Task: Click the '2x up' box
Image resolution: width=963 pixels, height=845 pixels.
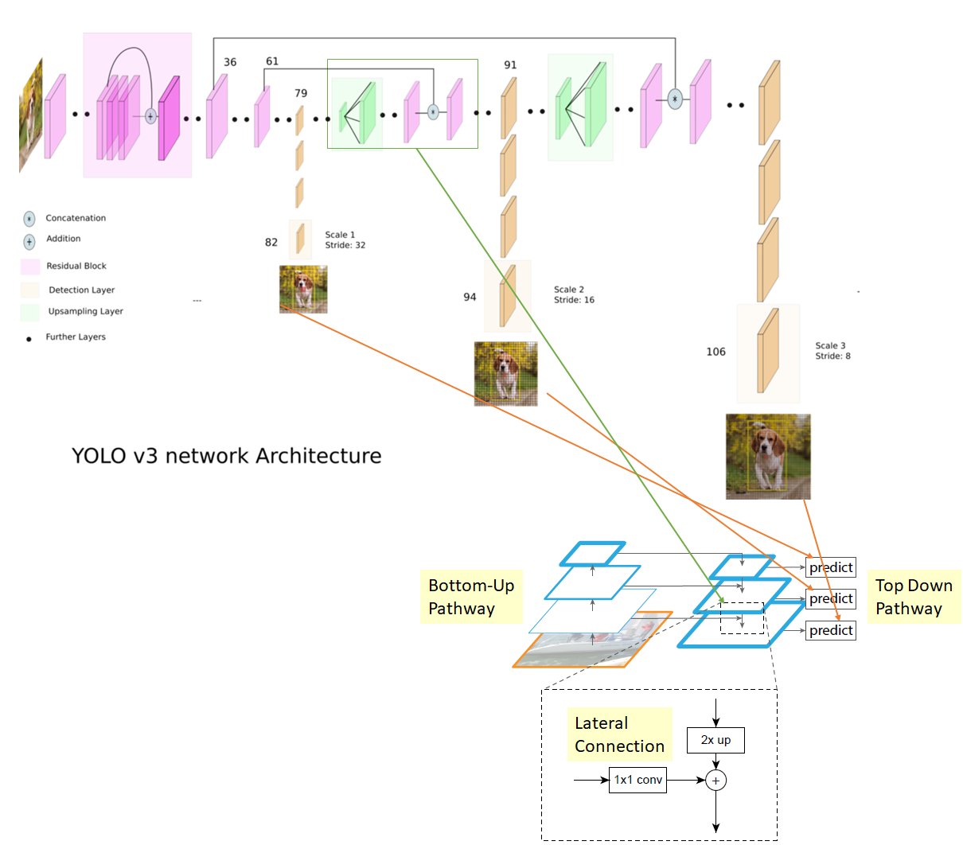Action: click(x=715, y=740)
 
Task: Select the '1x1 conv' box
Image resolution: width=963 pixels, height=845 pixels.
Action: click(x=637, y=780)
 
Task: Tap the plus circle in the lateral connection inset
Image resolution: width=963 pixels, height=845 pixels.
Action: click(x=716, y=781)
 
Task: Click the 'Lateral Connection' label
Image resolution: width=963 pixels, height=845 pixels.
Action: click(x=619, y=734)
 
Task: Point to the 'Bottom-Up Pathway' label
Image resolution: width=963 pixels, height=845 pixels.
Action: click(x=471, y=597)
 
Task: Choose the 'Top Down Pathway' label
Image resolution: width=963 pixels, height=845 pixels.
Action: click(x=914, y=597)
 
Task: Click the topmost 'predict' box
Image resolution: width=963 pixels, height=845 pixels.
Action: click(x=831, y=567)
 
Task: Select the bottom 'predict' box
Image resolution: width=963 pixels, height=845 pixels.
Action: click(x=831, y=630)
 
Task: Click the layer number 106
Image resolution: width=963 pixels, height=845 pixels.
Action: click(x=715, y=352)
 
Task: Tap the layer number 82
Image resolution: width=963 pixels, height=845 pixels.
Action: click(x=271, y=243)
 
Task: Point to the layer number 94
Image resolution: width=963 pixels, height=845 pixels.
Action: click(x=470, y=297)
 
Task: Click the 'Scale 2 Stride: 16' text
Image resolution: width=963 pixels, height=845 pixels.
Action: click(x=574, y=294)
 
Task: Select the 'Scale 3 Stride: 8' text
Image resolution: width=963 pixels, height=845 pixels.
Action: click(x=832, y=351)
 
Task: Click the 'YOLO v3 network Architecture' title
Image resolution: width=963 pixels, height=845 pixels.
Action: click(x=227, y=456)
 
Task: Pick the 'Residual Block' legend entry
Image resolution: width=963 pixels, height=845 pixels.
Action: click(x=76, y=266)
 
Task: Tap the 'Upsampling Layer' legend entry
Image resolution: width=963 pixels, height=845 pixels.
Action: click(x=85, y=311)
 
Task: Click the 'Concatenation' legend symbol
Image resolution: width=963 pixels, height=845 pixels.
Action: click(x=29, y=219)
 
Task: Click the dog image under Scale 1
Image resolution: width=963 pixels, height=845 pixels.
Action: click(x=303, y=289)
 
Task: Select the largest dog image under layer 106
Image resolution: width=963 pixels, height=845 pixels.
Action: click(x=768, y=457)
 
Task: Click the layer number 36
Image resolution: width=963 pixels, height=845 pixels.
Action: click(x=230, y=62)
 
